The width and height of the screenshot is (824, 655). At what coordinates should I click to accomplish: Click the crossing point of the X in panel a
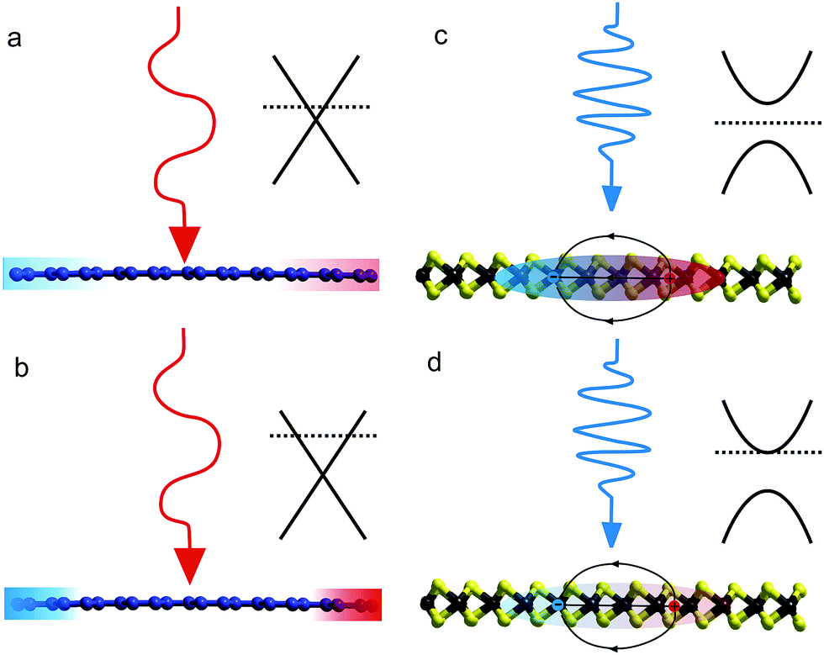click(x=316, y=119)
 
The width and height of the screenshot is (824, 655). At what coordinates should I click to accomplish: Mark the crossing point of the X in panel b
click(x=323, y=473)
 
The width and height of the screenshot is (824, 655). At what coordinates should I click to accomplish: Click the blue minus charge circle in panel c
click(x=553, y=277)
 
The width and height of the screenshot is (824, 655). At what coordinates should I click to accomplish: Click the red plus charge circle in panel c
click(x=669, y=277)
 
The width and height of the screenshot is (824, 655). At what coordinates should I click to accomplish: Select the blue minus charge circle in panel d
click(x=557, y=605)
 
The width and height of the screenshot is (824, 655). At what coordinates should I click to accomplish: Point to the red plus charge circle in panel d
click(x=673, y=605)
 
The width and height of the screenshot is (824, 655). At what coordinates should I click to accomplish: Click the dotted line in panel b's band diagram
click(x=323, y=435)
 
